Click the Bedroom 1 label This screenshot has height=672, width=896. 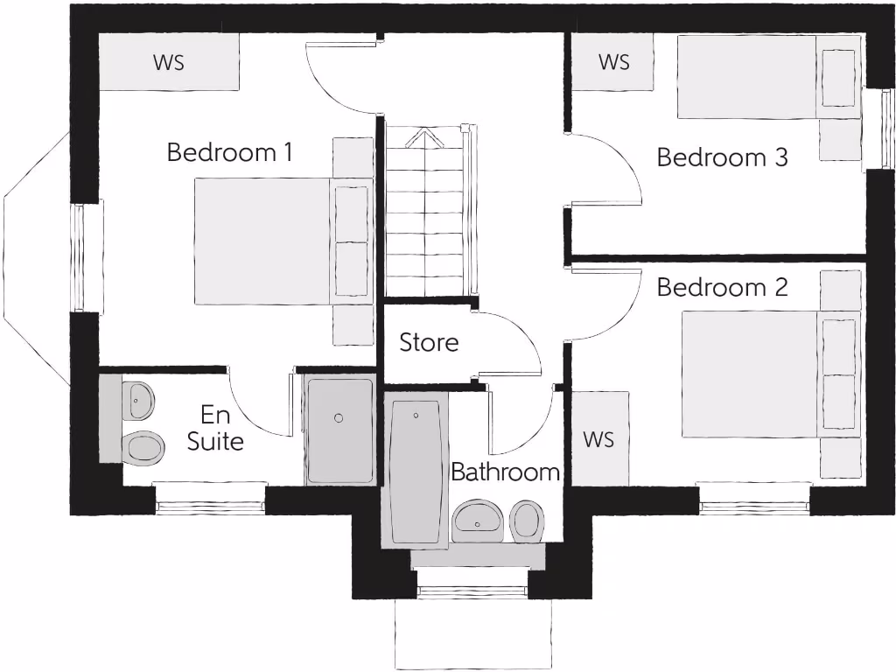(x=229, y=152)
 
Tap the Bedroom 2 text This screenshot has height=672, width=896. (x=722, y=287)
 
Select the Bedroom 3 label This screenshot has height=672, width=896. (x=722, y=157)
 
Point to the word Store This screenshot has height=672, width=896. (x=429, y=342)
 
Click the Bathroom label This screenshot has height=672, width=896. (x=505, y=472)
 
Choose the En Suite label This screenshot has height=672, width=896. (x=215, y=428)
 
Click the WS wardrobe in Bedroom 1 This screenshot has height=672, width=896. (x=169, y=62)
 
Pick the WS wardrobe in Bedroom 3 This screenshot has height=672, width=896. (x=613, y=62)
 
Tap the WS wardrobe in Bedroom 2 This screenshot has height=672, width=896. (x=599, y=438)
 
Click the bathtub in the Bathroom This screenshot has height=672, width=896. (x=416, y=472)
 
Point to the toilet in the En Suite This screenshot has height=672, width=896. (x=143, y=448)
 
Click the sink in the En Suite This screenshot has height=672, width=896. (x=138, y=401)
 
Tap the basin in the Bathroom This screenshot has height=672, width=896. (x=478, y=521)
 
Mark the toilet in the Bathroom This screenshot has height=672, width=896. (x=527, y=521)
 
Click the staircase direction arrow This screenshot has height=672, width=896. (x=424, y=138)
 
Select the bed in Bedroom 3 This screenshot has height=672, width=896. (x=752, y=76)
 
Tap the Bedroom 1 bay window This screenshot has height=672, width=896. (x=39, y=258)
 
